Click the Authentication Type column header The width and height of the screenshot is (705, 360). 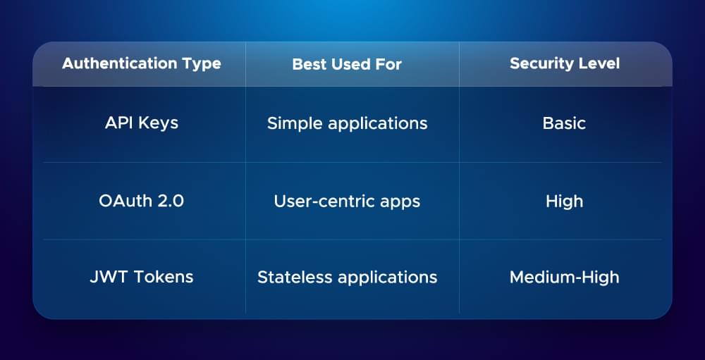pos(141,63)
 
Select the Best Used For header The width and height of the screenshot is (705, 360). pos(347,64)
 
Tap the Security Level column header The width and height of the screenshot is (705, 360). pos(564,63)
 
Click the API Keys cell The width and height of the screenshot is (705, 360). pos(141,123)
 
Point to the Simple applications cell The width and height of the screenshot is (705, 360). pos(347,123)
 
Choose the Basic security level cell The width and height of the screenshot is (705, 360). pos(564,123)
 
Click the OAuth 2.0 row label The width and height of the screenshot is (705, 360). pos(141,201)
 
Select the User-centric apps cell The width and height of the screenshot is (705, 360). pos(347,201)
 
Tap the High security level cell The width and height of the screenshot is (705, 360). pos(564,201)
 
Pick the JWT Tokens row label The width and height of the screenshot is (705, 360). pos(141,277)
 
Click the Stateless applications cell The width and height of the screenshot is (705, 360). pos(347,277)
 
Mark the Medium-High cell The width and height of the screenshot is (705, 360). pos(564,277)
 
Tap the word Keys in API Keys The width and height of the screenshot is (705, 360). pos(158,123)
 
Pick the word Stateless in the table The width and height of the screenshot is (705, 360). pos(290,277)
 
